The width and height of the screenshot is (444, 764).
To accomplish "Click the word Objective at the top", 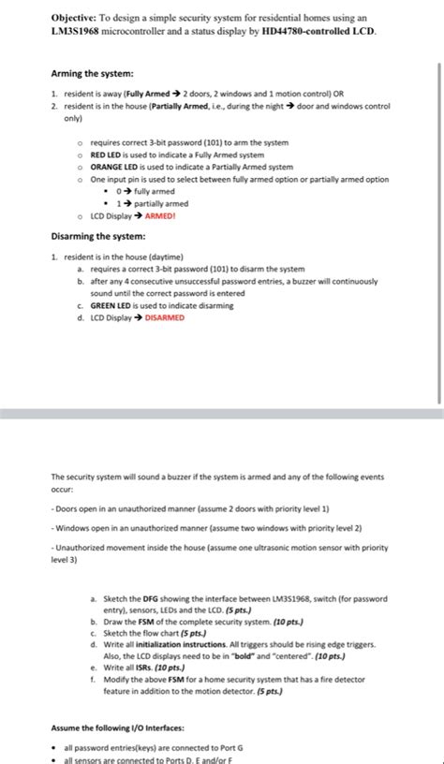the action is [x=76, y=18].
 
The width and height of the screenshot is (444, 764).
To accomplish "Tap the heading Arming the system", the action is [x=93, y=74].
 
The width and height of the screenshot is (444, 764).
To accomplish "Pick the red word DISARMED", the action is [x=164, y=317].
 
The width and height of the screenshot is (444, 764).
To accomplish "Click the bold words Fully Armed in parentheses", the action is [x=149, y=95].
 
